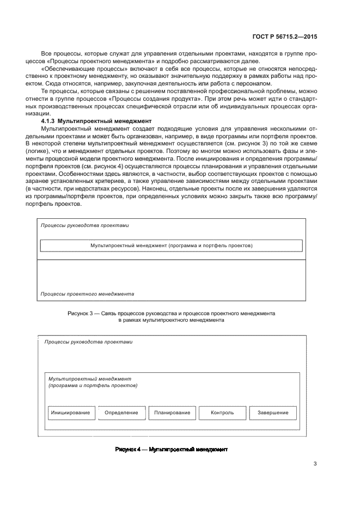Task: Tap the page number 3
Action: click(x=315, y=464)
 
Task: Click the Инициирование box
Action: click(x=71, y=413)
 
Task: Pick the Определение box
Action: click(x=121, y=413)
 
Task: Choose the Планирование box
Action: click(x=172, y=413)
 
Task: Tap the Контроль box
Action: click(x=222, y=413)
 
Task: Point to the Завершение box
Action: click(x=273, y=413)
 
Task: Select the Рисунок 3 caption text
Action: click(x=171, y=317)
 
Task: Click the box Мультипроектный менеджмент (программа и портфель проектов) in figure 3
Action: click(x=171, y=246)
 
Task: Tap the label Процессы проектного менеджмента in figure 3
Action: click(x=87, y=293)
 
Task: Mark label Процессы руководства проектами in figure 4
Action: click(x=88, y=342)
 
